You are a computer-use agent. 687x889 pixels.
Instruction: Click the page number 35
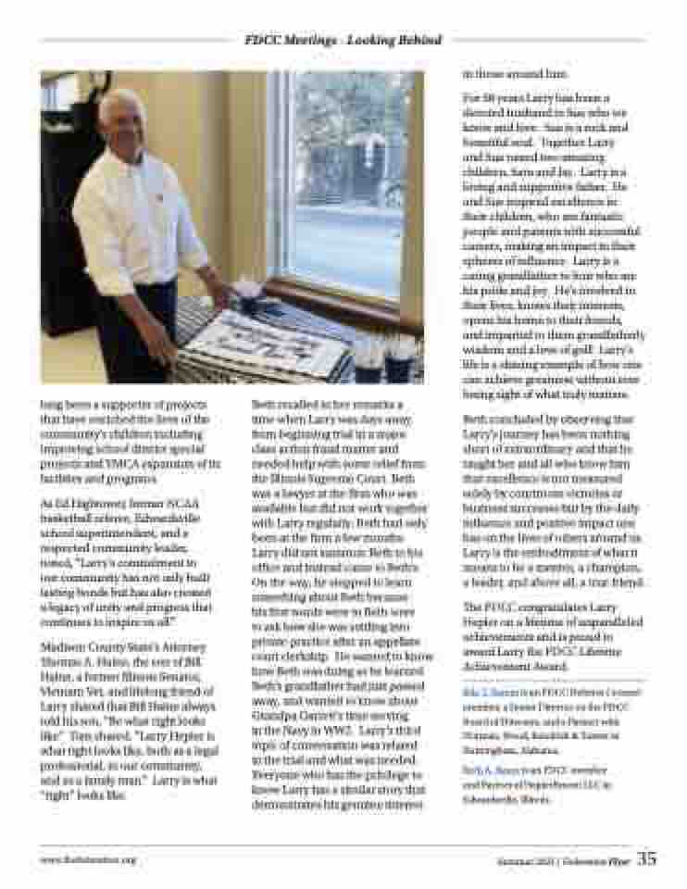pyautogui.click(x=646, y=858)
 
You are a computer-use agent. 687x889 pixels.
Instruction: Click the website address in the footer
pyautogui.click(x=87, y=859)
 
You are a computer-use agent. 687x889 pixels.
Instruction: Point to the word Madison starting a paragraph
pyautogui.click(x=63, y=646)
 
